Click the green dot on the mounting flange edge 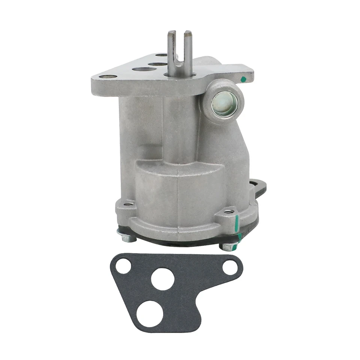(243, 79)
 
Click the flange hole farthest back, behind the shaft (161, 55)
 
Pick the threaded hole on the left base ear (130, 204)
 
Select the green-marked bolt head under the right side (229, 247)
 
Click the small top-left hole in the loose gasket (123, 266)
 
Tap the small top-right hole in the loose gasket (230, 267)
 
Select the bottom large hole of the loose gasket (150, 313)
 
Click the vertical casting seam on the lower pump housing (178, 195)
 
